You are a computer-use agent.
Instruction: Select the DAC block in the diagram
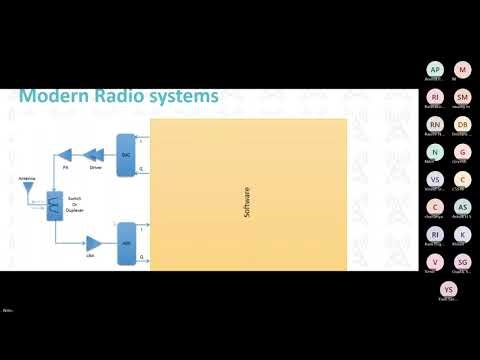pos(126,156)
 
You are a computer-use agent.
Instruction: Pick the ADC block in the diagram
pos(126,243)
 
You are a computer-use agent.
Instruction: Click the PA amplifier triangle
pos(66,155)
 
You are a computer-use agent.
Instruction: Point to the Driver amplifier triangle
pos(97,155)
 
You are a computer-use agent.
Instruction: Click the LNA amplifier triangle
pos(93,243)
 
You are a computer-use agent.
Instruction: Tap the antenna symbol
pos(29,185)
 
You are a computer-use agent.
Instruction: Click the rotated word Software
pos(247,201)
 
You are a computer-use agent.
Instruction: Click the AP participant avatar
pos(434,70)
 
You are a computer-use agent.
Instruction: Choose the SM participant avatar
pos(462,97)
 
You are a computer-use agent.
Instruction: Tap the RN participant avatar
pos(434,125)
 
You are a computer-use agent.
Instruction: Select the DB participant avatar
pos(462,125)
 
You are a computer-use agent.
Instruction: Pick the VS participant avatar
pos(434,179)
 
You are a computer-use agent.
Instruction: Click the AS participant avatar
pos(462,206)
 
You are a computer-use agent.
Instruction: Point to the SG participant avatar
pos(462,260)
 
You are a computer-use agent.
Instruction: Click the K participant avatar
pos(462,233)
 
